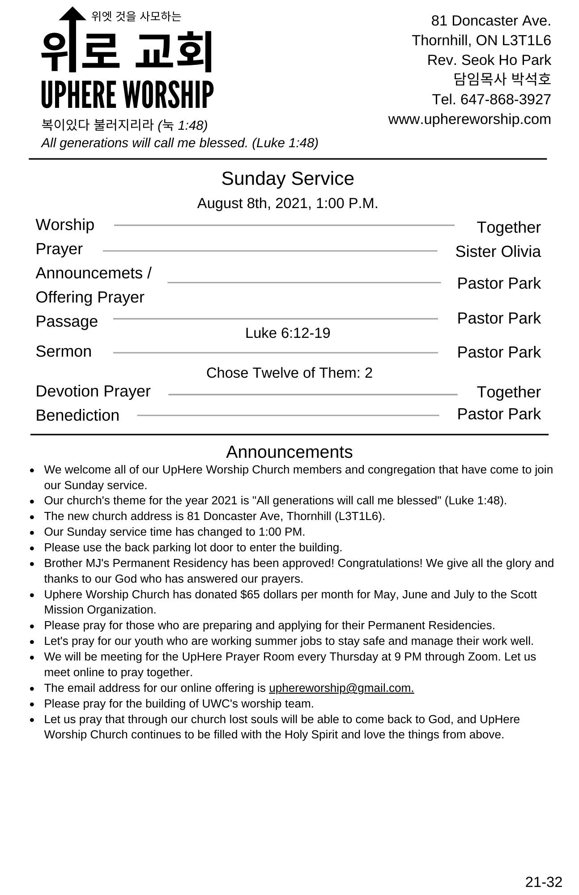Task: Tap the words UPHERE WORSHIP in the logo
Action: click(x=127, y=95)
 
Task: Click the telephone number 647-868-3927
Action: click(x=506, y=99)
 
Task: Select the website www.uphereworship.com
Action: click(x=469, y=119)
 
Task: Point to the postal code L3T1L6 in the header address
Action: click(x=526, y=40)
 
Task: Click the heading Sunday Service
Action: click(x=288, y=179)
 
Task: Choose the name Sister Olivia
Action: click(x=498, y=251)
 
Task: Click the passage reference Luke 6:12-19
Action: click(x=288, y=333)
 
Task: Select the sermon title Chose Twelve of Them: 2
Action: click(x=289, y=373)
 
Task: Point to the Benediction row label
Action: click(x=77, y=415)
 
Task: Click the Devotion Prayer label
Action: click(x=93, y=391)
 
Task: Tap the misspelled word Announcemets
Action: click(x=89, y=273)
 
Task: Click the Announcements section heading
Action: click(x=289, y=452)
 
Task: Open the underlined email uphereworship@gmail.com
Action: click(x=341, y=688)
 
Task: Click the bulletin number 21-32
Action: click(x=543, y=882)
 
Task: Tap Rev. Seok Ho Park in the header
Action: click(x=489, y=60)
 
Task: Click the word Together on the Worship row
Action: click(x=508, y=227)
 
